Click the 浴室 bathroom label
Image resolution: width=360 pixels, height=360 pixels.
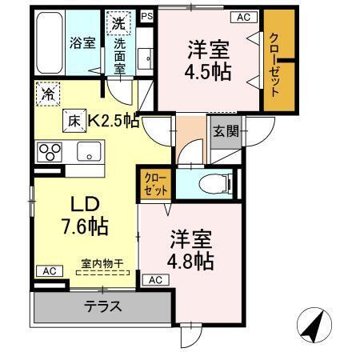pos(83,43)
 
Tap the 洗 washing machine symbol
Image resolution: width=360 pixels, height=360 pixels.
pos(118,24)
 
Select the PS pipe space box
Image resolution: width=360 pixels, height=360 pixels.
pos(146,15)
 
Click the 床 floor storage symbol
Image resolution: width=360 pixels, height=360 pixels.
pos(74,121)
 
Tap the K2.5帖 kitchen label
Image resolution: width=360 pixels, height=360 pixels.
pos(114,122)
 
